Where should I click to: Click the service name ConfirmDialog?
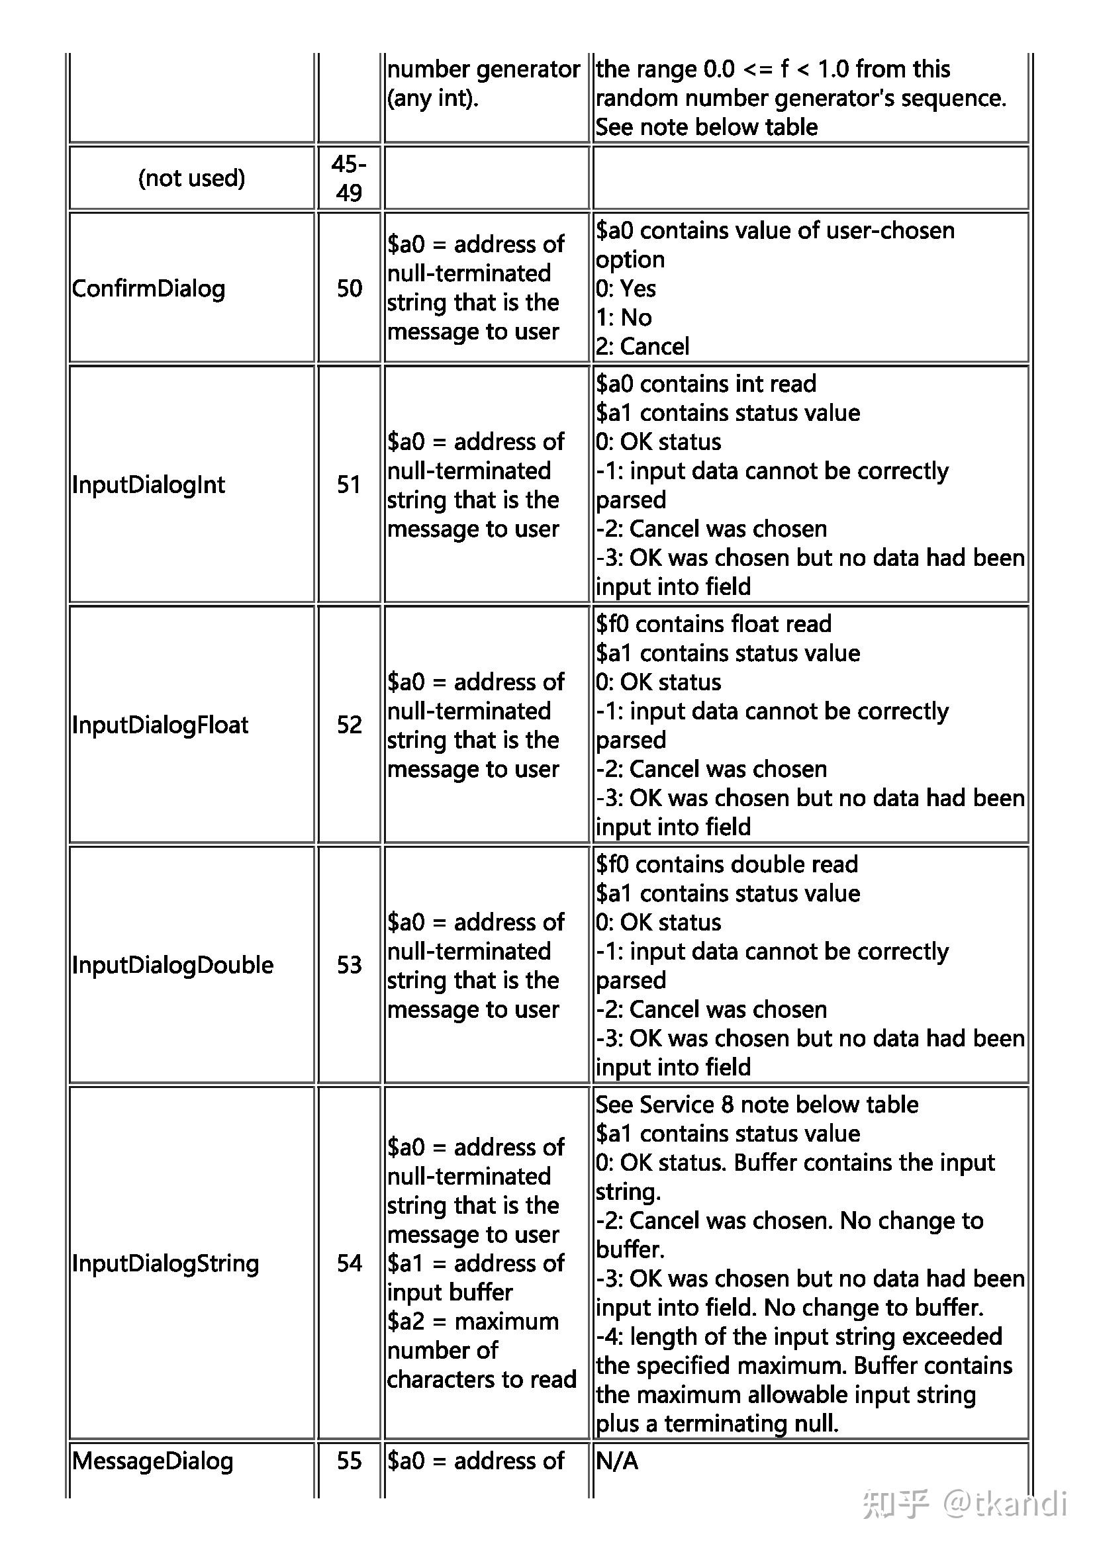click(x=148, y=289)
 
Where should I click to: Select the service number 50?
click(x=350, y=289)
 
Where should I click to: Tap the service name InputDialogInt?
click(x=148, y=484)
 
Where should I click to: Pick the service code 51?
click(x=350, y=484)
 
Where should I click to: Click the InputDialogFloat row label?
click(x=160, y=725)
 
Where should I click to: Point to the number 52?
click(x=350, y=725)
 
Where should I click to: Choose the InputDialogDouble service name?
click(x=173, y=965)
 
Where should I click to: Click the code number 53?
click(x=350, y=965)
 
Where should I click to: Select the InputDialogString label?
click(x=166, y=1263)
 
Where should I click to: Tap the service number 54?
click(x=350, y=1263)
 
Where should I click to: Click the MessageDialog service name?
click(x=152, y=1461)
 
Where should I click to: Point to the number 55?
click(x=350, y=1461)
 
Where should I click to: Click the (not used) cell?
click(x=191, y=178)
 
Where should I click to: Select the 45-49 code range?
click(x=350, y=178)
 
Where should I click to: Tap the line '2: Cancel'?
click(x=642, y=347)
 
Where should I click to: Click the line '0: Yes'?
click(x=625, y=289)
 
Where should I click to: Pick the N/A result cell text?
click(x=616, y=1461)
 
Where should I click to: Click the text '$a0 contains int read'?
click(x=705, y=384)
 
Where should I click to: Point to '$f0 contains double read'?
click(x=726, y=864)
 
